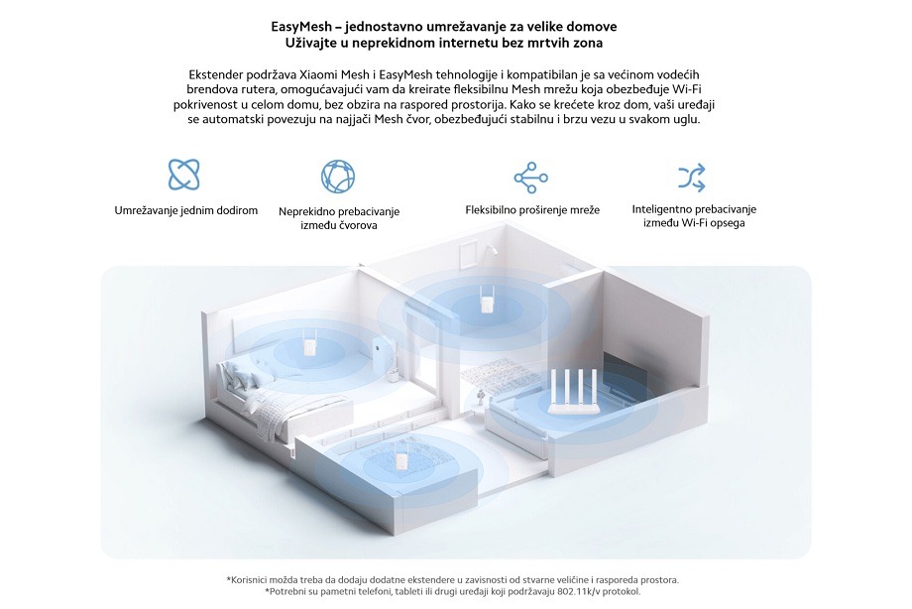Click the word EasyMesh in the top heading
(301, 28)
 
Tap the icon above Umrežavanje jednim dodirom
(183, 175)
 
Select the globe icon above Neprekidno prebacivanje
(338, 177)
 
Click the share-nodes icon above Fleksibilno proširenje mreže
(530, 178)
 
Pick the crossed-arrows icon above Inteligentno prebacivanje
(692, 178)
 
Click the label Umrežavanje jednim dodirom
(186, 210)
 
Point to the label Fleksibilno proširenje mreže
(532, 210)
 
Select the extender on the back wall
(485, 300)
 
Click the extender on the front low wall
(399, 459)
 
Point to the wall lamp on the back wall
(492, 250)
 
